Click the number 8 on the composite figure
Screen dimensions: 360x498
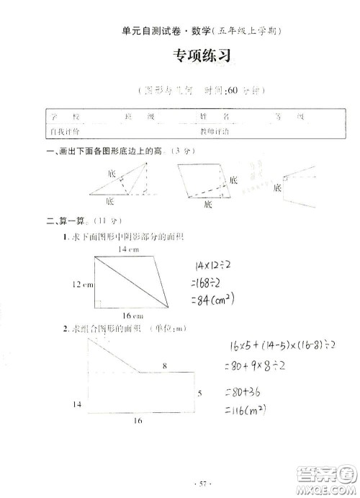pos(164,366)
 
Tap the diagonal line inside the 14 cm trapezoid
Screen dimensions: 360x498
pos(132,281)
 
